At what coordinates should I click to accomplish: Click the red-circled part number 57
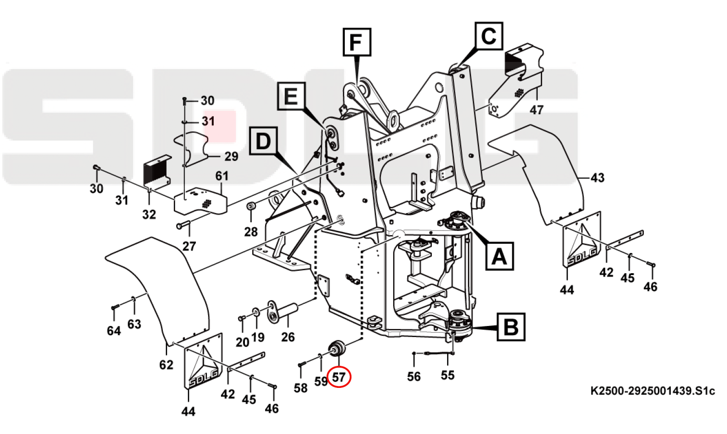point(339,377)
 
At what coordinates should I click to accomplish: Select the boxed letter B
point(511,327)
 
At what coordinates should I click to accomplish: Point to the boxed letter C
point(488,36)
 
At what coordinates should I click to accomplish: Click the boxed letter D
point(263,141)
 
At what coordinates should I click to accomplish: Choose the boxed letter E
point(291,96)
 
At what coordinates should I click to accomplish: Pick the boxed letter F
point(356,42)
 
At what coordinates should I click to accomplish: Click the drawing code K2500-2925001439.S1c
point(653,391)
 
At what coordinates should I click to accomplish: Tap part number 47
point(536,110)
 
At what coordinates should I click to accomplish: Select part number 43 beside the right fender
point(597,178)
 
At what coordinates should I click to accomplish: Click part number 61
point(222,176)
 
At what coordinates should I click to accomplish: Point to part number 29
point(231,157)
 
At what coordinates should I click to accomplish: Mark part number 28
point(251,232)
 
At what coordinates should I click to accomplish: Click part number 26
point(288,338)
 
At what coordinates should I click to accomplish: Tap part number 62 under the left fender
point(166,365)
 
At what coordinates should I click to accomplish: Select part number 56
point(414,377)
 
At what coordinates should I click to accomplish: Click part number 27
point(189,246)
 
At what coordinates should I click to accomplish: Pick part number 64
point(114,331)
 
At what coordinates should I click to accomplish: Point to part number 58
point(301,387)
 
